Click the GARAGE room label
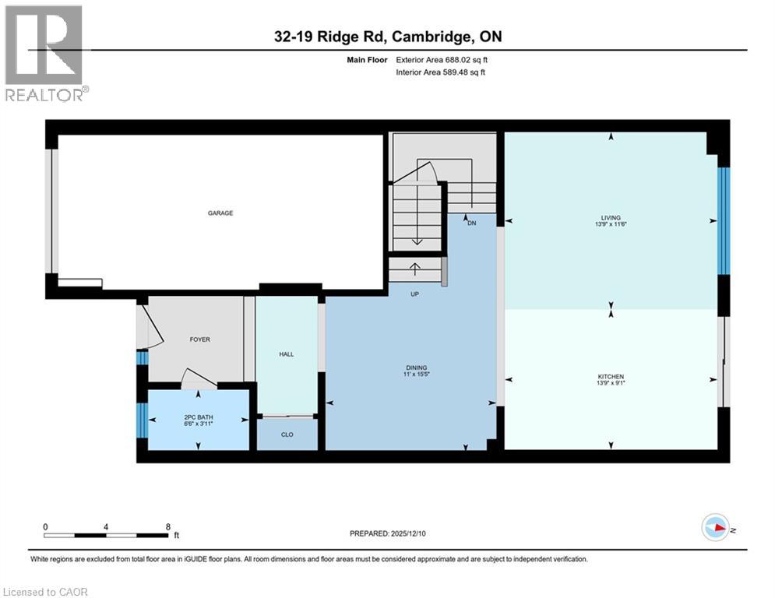click(220, 213)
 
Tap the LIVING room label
click(611, 218)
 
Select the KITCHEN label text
click(611, 377)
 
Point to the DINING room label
click(416, 368)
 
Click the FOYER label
click(199, 339)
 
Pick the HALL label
click(286, 354)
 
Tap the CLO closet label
click(287, 434)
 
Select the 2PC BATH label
click(198, 417)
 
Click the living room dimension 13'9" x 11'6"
click(611, 225)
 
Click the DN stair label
click(471, 223)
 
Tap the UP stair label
click(416, 294)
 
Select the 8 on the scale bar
click(168, 526)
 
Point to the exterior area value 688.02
click(460, 59)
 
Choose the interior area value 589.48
click(459, 72)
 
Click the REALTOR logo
click(44, 52)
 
